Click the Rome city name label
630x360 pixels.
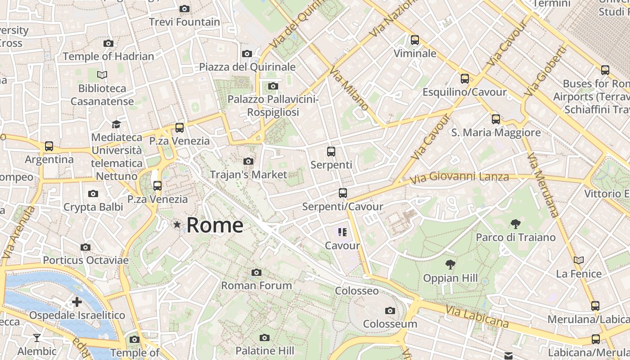click(215, 225)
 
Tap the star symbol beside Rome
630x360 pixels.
click(177, 224)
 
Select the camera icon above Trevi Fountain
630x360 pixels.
click(184, 9)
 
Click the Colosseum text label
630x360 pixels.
click(390, 324)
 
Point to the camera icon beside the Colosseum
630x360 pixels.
click(390, 310)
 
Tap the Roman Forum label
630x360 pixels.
click(256, 285)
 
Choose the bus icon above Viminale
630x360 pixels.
click(415, 40)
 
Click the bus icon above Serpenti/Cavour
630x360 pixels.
click(343, 193)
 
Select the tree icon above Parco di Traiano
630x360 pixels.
click(516, 224)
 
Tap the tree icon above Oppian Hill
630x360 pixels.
click(450, 265)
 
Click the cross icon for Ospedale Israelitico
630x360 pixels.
click(77, 301)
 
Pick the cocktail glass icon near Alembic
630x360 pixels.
click(37, 337)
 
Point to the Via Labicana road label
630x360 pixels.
click(477, 316)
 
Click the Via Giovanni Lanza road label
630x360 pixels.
click(459, 177)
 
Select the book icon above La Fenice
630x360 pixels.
click(579, 260)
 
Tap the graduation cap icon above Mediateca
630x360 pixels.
click(117, 124)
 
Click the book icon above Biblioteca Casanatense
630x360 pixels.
click(102, 75)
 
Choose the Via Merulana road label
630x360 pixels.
click(542, 184)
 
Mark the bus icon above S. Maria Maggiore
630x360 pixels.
click(496, 119)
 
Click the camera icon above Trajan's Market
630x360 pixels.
click(248, 161)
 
